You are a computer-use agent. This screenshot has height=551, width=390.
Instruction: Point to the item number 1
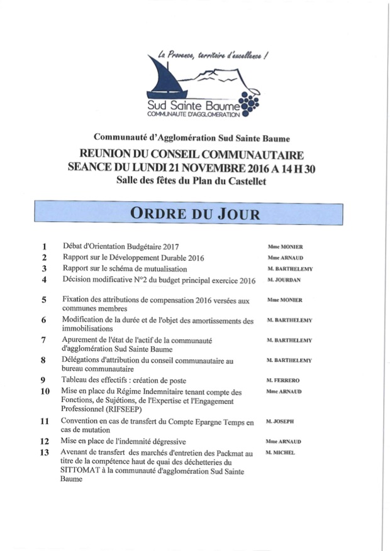point(44,247)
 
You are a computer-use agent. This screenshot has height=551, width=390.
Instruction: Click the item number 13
point(45,453)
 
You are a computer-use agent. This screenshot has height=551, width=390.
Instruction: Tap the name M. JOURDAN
point(284,279)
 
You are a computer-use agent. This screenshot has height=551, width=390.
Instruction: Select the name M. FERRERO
point(284,381)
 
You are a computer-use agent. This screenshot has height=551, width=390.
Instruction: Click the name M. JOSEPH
point(280,422)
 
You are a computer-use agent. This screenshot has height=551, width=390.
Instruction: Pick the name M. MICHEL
point(281,452)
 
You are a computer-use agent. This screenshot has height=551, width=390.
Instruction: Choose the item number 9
point(44,380)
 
